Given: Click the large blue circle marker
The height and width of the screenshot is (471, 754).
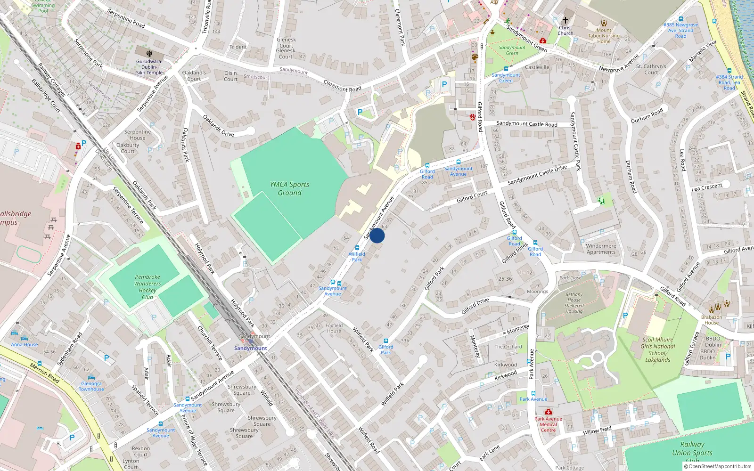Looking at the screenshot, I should click(377, 235).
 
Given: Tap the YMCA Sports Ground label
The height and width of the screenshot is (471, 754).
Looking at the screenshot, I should click(289, 188).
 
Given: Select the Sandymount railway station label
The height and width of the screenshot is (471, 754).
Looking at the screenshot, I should click(250, 348).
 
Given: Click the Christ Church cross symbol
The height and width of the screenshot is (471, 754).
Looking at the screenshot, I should click(565, 20).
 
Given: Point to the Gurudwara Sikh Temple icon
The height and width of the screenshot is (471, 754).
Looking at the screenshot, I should click(149, 53).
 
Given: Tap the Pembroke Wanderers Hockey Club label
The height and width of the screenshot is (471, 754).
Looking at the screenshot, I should click(148, 287).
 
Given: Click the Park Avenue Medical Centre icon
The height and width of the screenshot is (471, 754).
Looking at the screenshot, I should click(549, 412).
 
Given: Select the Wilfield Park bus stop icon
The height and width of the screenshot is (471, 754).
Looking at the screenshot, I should click(357, 247).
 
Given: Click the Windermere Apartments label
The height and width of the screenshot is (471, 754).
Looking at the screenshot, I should click(601, 249).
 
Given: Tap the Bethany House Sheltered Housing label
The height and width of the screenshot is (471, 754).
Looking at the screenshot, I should click(574, 303).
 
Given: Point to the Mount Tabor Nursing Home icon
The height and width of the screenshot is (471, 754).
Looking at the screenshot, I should click(604, 23).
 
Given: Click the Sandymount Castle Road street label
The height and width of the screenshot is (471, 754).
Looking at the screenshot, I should click(526, 124).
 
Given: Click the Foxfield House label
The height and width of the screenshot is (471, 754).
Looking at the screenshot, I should click(334, 328).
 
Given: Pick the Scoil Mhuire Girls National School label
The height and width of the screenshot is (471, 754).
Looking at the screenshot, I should click(657, 349).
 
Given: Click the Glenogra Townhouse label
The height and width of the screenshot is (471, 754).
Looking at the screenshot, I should click(91, 386).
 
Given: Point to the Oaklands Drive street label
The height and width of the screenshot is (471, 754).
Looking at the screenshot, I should click(218, 126).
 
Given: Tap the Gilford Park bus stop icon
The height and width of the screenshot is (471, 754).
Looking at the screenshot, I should click(385, 341).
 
